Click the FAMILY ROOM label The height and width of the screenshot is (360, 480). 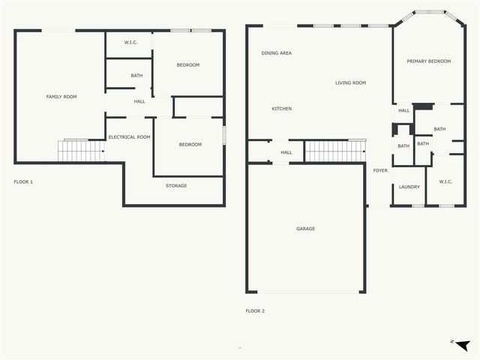(x=61, y=97)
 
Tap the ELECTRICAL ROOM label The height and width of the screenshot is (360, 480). (x=129, y=137)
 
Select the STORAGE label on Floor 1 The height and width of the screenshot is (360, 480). (x=176, y=186)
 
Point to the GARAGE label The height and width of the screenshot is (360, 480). (x=305, y=229)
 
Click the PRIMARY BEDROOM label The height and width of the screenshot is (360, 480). (x=428, y=61)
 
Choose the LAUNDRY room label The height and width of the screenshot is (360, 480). (x=409, y=187)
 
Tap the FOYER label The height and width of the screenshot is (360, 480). (x=380, y=170)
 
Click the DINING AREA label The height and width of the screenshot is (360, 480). (x=277, y=53)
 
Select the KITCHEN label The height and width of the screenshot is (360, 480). (x=282, y=109)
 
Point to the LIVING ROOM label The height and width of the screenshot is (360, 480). (x=350, y=82)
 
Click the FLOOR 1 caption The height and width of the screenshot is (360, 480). (x=23, y=181)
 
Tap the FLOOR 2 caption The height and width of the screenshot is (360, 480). (x=255, y=311)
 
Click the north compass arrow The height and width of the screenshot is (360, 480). (x=462, y=345)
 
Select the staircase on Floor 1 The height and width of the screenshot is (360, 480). (x=81, y=151)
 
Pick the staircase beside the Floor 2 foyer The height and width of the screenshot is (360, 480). (x=335, y=151)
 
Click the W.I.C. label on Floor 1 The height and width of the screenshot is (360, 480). (x=130, y=43)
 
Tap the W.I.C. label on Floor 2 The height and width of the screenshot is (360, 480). (x=445, y=181)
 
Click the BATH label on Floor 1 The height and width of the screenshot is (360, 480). (x=136, y=76)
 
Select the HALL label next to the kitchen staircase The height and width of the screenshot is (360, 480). (x=286, y=152)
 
